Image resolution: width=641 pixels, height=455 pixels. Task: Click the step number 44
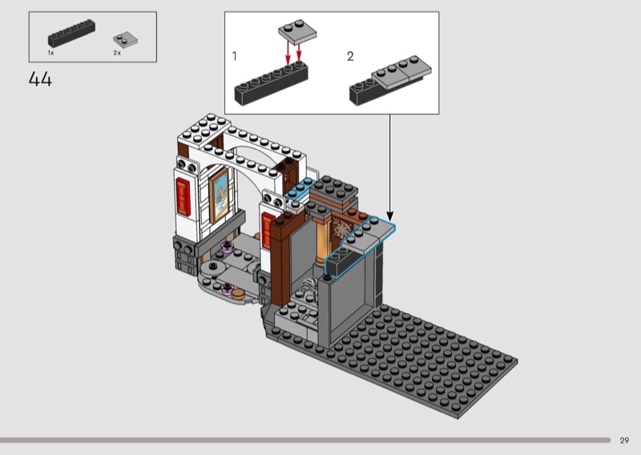41,79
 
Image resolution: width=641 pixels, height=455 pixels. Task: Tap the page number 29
624,441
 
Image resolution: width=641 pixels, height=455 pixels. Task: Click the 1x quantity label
50,53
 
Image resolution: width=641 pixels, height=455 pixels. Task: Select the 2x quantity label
117,53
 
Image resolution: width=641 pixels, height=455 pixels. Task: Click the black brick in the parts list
71,33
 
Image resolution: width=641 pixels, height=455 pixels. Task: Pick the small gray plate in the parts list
125,40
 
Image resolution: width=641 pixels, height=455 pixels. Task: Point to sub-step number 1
234,56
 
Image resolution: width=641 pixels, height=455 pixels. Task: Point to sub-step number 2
350,56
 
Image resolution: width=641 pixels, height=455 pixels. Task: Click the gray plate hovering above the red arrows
297,31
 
